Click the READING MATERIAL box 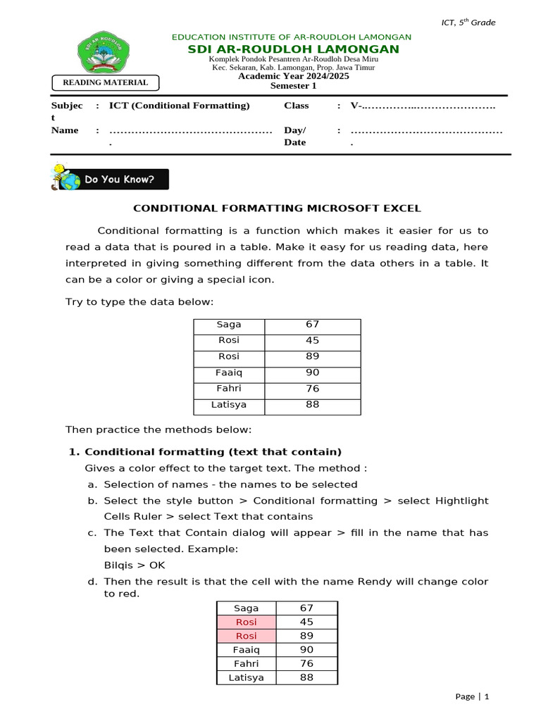pyautogui.click(x=106, y=82)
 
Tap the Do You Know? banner pyautogui.click(x=111, y=179)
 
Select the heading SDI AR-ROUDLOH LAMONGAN pyautogui.click(x=292, y=49)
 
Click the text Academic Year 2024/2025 pyautogui.click(x=294, y=76)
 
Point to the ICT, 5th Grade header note pyautogui.click(x=468, y=23)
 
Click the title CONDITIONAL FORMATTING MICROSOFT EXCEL pyautogui.click(x=278, y=208)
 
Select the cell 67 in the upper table pyautogui.click(x=312, y=325)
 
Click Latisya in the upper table pyautogui.click(x=229, y=405)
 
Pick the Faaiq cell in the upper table pyautogui.click(x=229, y=372)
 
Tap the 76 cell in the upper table pyautogui.click(x=312, y=389)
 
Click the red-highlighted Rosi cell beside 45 pyautogui.click(x=247, y=622)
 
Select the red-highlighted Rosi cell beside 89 pyautogui.click(x=247, y=636)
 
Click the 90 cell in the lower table pyautogui.click(x=307, y=650)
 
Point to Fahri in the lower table pyautogui.click(x=247, y=664)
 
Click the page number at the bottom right pyautogui.click(x=472, y=696)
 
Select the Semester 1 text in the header pyautogui.click(x=294, y=86)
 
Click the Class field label pyautogui.click(x=297, y=106)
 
